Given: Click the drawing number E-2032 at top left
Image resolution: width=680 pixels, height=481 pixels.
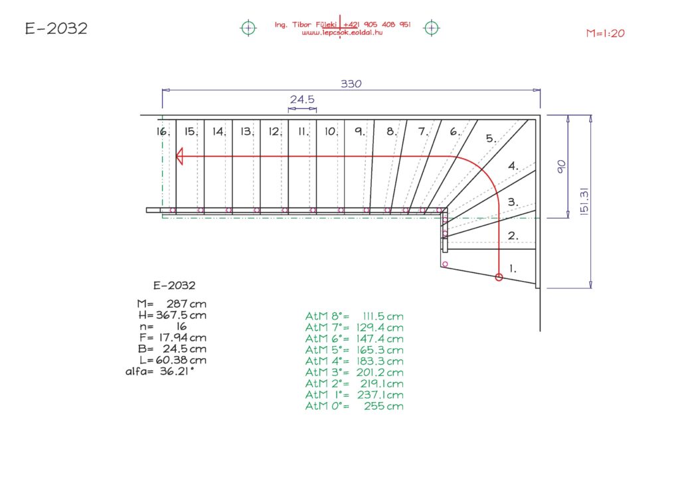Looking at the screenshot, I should click(x=56, y=29).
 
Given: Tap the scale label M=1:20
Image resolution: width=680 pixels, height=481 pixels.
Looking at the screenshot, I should click(x=606, y=33).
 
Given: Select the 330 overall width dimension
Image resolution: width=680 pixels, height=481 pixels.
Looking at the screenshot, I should click(x=351, y=84).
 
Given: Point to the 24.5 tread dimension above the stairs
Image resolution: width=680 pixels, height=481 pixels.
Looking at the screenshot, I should click(x=302, y=100).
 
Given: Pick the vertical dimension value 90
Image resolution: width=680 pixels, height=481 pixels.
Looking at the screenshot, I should click(x=561, y=166).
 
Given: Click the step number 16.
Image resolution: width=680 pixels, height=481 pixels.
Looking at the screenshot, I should click(x=163, y=132).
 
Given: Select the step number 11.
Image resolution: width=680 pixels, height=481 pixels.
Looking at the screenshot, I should click(x=303, y=132).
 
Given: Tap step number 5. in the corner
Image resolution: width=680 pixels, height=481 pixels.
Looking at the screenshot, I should click(x=491, y=139).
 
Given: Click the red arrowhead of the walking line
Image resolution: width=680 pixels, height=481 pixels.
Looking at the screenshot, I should click(x=179, y=157).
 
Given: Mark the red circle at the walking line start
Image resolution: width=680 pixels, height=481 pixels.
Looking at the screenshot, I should click(x=499, y=278).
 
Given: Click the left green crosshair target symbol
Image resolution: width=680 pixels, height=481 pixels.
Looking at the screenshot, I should click(x=248, y=27).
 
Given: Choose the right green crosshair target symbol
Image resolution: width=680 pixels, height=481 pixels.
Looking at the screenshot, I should click(x=432, y=27).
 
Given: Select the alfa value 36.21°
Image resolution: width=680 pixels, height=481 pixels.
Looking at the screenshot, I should click(x=177, y=371).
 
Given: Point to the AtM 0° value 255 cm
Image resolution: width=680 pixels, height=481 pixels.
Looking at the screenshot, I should click(x=383, y=406).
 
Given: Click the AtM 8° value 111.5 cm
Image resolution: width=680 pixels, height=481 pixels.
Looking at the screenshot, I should click(x=383, y=316).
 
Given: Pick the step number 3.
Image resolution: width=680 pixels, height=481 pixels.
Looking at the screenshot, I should click(x=513, y=201).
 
